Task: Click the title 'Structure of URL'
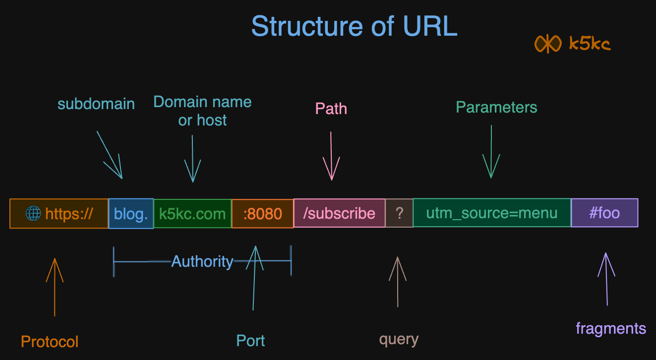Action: [354, 26]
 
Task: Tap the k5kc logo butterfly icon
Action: [547, 44]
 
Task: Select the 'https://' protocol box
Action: [59, 214]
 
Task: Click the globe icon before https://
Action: [33, 214]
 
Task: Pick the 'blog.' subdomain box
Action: [131, 214]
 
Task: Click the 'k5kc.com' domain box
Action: [192, 214]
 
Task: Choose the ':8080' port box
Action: [262, 214]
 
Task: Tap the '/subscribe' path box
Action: [339, 213]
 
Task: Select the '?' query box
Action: [399, 213]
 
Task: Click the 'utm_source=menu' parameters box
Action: [492, 213]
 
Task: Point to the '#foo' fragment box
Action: [604, 213]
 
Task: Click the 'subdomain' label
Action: [96, 104]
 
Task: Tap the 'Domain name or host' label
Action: [202, 111]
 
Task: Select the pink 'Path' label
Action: [331, 109]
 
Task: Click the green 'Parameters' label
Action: [496, 107]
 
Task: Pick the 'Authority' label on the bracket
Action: [202, 261]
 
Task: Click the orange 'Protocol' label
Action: [50, 342]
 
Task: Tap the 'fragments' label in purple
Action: [611, 328]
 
